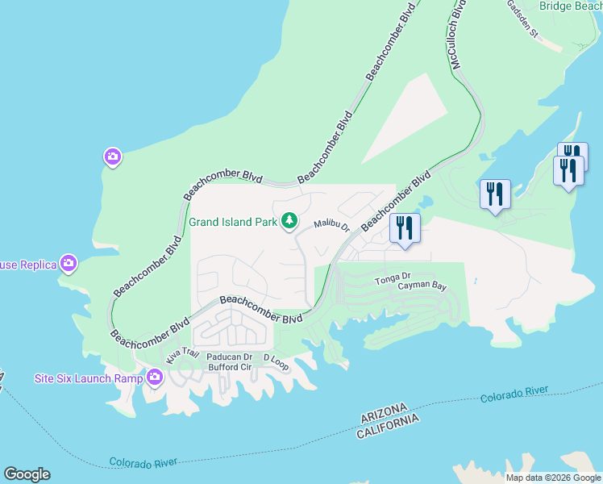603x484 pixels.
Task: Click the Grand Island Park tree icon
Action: (289, 221)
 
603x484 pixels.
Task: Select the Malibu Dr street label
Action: (331, 226)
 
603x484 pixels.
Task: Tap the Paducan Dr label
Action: (229, 357)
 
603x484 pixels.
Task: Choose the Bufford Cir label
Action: (230, 367)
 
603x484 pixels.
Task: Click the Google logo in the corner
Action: (27, 474)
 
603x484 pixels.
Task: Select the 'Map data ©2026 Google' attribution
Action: (553, 478)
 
